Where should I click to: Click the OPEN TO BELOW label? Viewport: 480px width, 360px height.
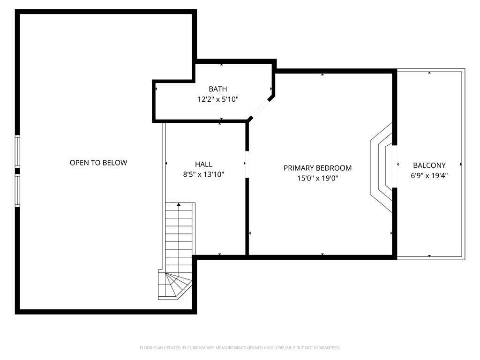point(98,163)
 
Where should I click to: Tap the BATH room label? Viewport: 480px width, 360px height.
point(218,89)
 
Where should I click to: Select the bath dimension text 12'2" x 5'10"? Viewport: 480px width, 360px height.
point(218,99)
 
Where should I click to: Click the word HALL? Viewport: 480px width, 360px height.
point(203,164)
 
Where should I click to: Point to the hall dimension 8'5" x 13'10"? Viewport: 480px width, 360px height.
point(203,174)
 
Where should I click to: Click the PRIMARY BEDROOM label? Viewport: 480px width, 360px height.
point(317,168)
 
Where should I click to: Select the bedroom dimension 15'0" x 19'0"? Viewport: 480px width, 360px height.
point(317,178)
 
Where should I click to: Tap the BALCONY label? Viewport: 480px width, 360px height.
point(429,165)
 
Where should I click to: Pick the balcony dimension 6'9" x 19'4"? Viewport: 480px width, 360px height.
point(429,176)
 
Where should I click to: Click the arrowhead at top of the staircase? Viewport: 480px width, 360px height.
point(179,204)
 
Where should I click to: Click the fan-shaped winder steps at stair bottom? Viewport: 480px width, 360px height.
point(174,285)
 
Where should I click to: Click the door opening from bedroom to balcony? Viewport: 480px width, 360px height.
point(395,166)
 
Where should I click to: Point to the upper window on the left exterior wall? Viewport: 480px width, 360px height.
point(17,151)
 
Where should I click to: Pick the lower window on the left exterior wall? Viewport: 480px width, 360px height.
point(17,190)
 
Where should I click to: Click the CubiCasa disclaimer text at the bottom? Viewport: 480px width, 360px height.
point(240,348)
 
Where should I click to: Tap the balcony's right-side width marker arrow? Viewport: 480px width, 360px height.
point(461,165)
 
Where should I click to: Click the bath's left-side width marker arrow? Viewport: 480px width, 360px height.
point(156,89)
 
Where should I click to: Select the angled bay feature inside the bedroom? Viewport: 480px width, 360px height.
point(381,167)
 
